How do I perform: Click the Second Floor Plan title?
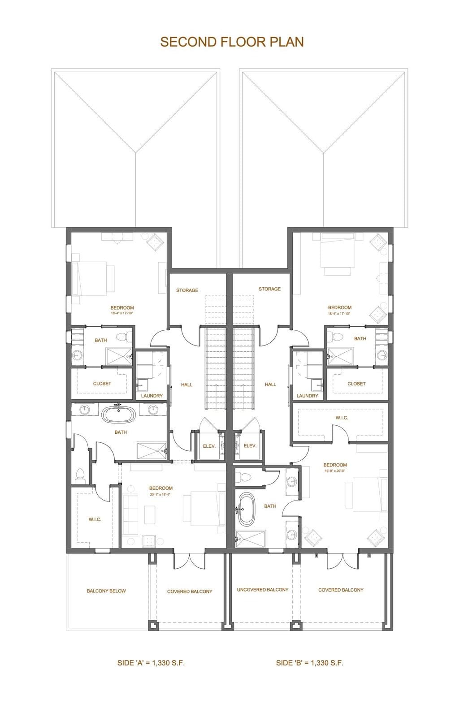(x=232, y=42)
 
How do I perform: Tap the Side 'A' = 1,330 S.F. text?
(x=151, y=663)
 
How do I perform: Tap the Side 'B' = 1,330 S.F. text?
(x=309, y=663)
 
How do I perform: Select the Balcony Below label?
(x=106, y=591)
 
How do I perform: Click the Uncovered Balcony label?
(x=262, y=590)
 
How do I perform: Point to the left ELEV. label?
(x=209, y=446)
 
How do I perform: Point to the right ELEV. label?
(x=250, y=446)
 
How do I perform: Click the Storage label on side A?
(x=187, y=290)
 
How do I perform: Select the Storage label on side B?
(x=269, y=289)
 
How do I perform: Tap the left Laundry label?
(x=152, y=396)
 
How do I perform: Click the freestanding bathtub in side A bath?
(x=119, y=415)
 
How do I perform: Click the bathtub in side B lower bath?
(x=246, y=509)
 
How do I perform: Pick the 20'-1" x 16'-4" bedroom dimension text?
(x=160, y=495)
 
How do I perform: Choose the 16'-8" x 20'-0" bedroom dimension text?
(x=335, y=471)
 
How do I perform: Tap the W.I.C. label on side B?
(x=342, y=418)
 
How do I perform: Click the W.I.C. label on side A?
(x=95, y=519)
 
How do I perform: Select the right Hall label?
(x=270, y=384)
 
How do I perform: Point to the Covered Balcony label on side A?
(x=190, y=592)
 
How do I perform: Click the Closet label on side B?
(x=356, y=384)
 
